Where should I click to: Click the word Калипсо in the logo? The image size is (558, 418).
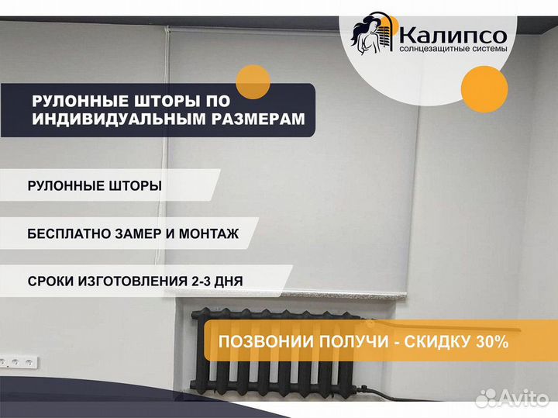453,36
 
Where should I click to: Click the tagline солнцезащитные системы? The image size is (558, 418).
453,49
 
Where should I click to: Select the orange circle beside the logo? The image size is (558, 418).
484,89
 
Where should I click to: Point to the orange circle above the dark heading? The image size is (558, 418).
253,82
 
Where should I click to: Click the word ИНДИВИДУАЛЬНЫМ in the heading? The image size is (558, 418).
119,119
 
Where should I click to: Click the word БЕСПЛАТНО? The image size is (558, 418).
69,234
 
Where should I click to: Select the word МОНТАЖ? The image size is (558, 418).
208,234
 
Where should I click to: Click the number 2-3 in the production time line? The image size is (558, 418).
201,282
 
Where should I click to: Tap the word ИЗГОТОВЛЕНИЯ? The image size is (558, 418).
133,282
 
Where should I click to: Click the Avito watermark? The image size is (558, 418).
511,398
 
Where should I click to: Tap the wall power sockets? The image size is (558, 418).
18,363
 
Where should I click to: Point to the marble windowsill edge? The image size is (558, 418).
343,295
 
